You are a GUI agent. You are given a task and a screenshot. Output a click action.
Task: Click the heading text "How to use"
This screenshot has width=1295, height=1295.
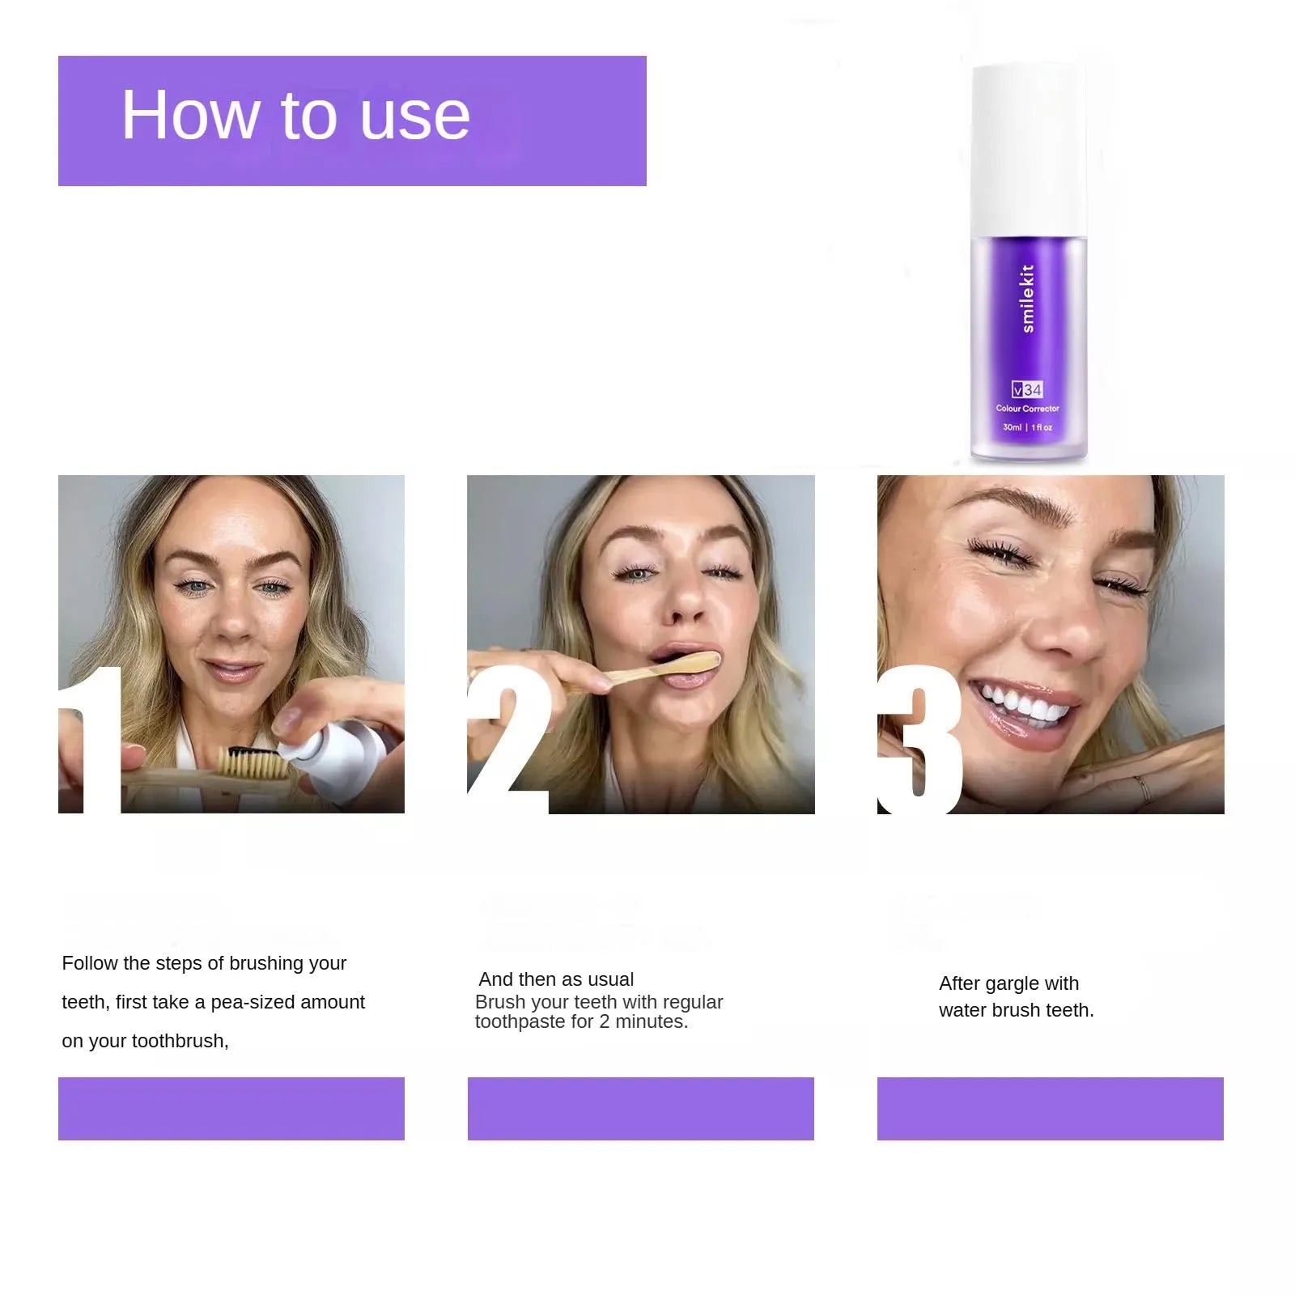[x=295, y=115]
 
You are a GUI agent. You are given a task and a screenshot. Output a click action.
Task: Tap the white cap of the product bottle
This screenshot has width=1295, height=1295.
[x=1028, y=151]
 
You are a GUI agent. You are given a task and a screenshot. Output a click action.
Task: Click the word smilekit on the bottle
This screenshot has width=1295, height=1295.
[x=1027, y=298]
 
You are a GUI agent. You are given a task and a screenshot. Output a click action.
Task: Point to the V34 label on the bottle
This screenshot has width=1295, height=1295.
[x=1027, y=389]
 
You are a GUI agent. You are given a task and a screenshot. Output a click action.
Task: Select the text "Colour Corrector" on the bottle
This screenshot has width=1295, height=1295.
[x=1027, y=409]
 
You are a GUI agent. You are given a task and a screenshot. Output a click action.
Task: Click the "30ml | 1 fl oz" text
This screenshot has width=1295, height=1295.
[x=1027, y=427]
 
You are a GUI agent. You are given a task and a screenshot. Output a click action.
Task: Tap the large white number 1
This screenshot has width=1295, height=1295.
[x=91, y=740]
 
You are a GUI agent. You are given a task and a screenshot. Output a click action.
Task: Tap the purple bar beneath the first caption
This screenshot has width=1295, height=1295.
[x=231, y=1108]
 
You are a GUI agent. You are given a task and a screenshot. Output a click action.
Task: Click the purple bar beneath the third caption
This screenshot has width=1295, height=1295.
[x=1051, y=1108]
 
